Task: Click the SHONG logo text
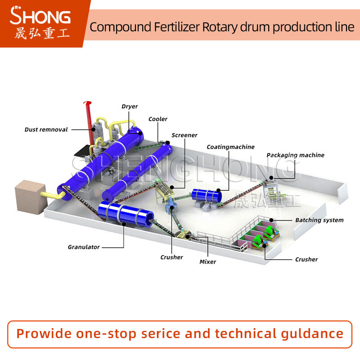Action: point(40,17)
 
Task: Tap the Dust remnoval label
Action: point(46,130)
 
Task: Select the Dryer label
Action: point(130,107)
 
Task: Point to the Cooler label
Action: point(158,119)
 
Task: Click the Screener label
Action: point(184,135)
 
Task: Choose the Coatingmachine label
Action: point(230,147)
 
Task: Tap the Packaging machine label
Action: point(295,155)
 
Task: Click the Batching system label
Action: point(319,220)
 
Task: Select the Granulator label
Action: point(84,247)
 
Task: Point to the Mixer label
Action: point(207,261)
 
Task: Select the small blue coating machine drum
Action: point(207,194)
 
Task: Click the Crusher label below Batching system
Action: point(306,259)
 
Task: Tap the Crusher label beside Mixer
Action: point(171,257)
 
